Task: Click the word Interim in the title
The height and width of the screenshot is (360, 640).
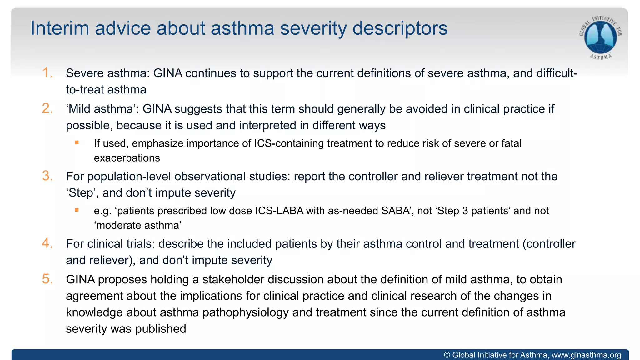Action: [x=60, y=28]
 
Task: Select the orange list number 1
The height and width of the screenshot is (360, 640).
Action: [x=47, y=72]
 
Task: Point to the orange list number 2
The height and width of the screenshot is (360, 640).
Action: [x=47, y=108]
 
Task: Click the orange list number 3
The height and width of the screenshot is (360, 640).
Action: [x=47, y=176]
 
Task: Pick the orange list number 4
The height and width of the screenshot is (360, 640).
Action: [x=47, y=243]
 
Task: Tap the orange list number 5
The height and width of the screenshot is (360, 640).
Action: [x=47, y=279]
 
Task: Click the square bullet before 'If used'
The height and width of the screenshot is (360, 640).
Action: [x=77, y=143]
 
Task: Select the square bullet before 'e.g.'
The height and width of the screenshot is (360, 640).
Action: [x=77, y=210]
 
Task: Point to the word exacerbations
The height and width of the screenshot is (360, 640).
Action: [x=127, y=158]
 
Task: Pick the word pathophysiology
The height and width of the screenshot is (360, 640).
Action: [x=246, y=312]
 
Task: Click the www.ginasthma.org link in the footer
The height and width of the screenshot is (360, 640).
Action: [x=586, y=355]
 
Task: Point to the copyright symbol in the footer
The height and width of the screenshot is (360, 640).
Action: [x=447, y=355]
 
